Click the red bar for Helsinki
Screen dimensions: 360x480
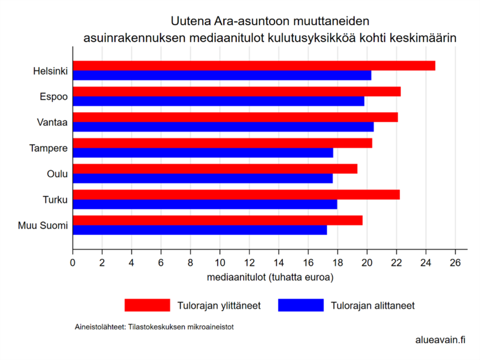click(254, 66)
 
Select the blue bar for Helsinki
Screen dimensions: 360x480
click(222, 76)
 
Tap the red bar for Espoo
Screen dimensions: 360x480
click(236, 91)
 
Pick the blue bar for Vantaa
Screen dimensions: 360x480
click(223, 127)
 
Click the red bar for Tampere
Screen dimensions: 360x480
click(222, 143)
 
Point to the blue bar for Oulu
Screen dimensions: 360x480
click(202, 178)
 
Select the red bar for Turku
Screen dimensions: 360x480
click(236, 194)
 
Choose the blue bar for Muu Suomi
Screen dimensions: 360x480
click(200, 230)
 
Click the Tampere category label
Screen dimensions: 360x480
click(49, 148)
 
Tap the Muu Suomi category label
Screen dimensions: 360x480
click(43, 226)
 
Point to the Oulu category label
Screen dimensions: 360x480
click(58, 174)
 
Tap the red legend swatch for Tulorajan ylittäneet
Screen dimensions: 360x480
click(147, 305)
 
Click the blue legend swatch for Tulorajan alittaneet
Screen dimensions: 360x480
click(301, 305)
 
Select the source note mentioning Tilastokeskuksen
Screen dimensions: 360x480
click(154, 326)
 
